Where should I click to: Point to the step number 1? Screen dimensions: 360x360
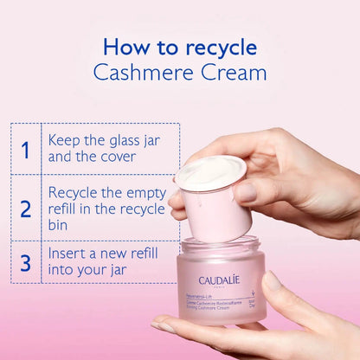tap(26, 149)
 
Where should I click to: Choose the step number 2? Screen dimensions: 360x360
tap(26, 209)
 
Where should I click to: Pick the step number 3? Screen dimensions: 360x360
tap(26, 262)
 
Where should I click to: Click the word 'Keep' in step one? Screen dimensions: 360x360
tap(65, 139)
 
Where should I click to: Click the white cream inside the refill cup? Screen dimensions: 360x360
tap(210, 170)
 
